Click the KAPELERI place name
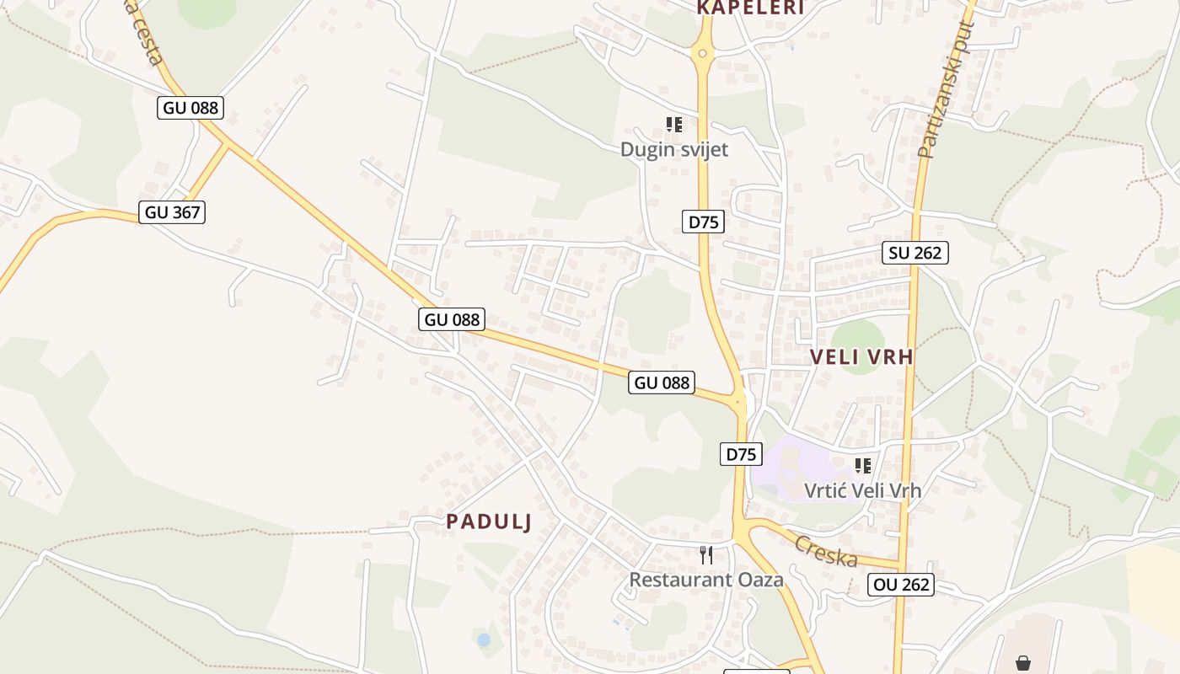point(750,8)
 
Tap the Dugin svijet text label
point(673,149)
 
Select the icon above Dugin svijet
point(673,125)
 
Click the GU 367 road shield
point(173,212)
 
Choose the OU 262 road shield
point(901,585)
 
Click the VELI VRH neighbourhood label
point(861,356)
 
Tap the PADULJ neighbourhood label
point(489,522)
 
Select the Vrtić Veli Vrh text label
point(862,490)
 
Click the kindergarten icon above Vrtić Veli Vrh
point(862,465)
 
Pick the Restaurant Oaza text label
point(706,580)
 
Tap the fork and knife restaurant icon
point(706,554)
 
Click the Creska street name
point(826,551)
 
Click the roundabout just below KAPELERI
point(702,54)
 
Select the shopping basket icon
point(1022,663)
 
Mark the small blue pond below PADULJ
point(483,640)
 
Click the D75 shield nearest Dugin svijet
point(703,222)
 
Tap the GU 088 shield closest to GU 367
point(190,108)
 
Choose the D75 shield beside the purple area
point(742,454)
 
